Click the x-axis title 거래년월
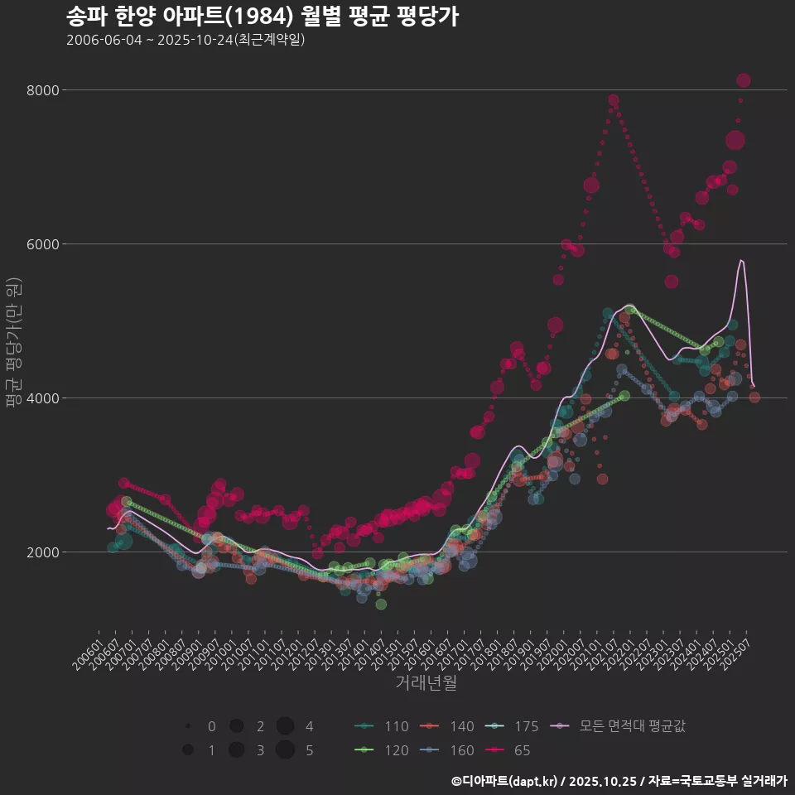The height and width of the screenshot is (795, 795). pos(426,683)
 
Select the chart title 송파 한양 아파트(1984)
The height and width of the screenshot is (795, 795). pos(262,17)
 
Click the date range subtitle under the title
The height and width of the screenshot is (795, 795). pos(185,40)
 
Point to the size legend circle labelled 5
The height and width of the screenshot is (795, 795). pos(286,750)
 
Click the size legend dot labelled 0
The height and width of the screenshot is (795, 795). pos(189,727)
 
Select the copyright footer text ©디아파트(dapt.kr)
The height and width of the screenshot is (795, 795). pos(505,781)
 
